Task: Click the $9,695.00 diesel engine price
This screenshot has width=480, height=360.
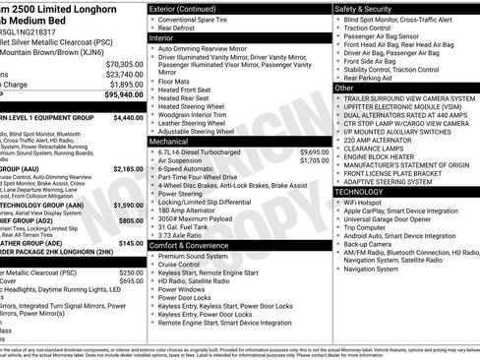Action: pos(314,152)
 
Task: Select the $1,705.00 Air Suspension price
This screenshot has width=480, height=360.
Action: pos(314,160)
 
